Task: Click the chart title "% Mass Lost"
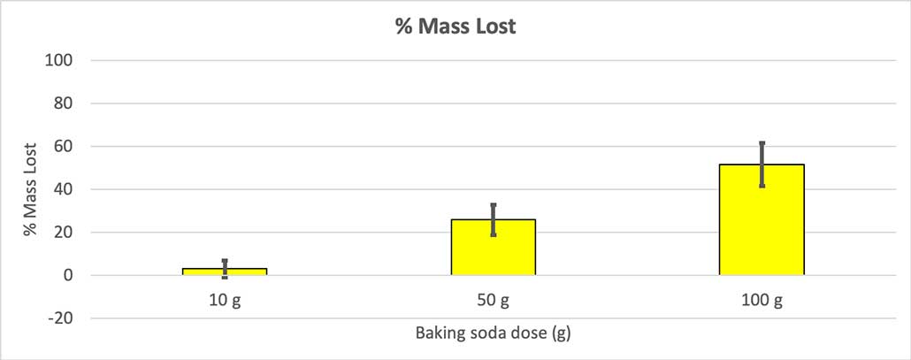pos(455,27)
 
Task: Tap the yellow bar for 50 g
pos(493,248)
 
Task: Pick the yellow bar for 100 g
pos(762,221)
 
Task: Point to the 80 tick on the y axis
pos(62,103)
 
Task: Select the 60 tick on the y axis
pos(62,146)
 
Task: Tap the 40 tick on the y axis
pos(62,189)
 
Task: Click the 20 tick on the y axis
pos(62,233)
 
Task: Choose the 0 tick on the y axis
pos(66,275)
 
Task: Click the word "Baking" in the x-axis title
pos(437,335)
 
